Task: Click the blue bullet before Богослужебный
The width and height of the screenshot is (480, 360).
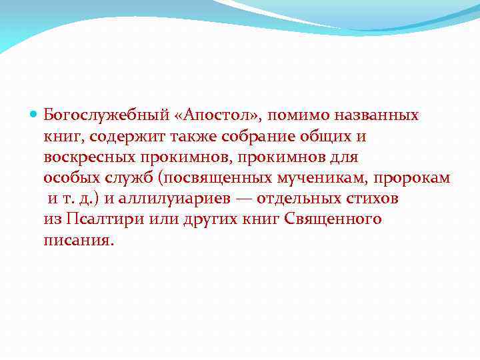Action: [x=34, y=115]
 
